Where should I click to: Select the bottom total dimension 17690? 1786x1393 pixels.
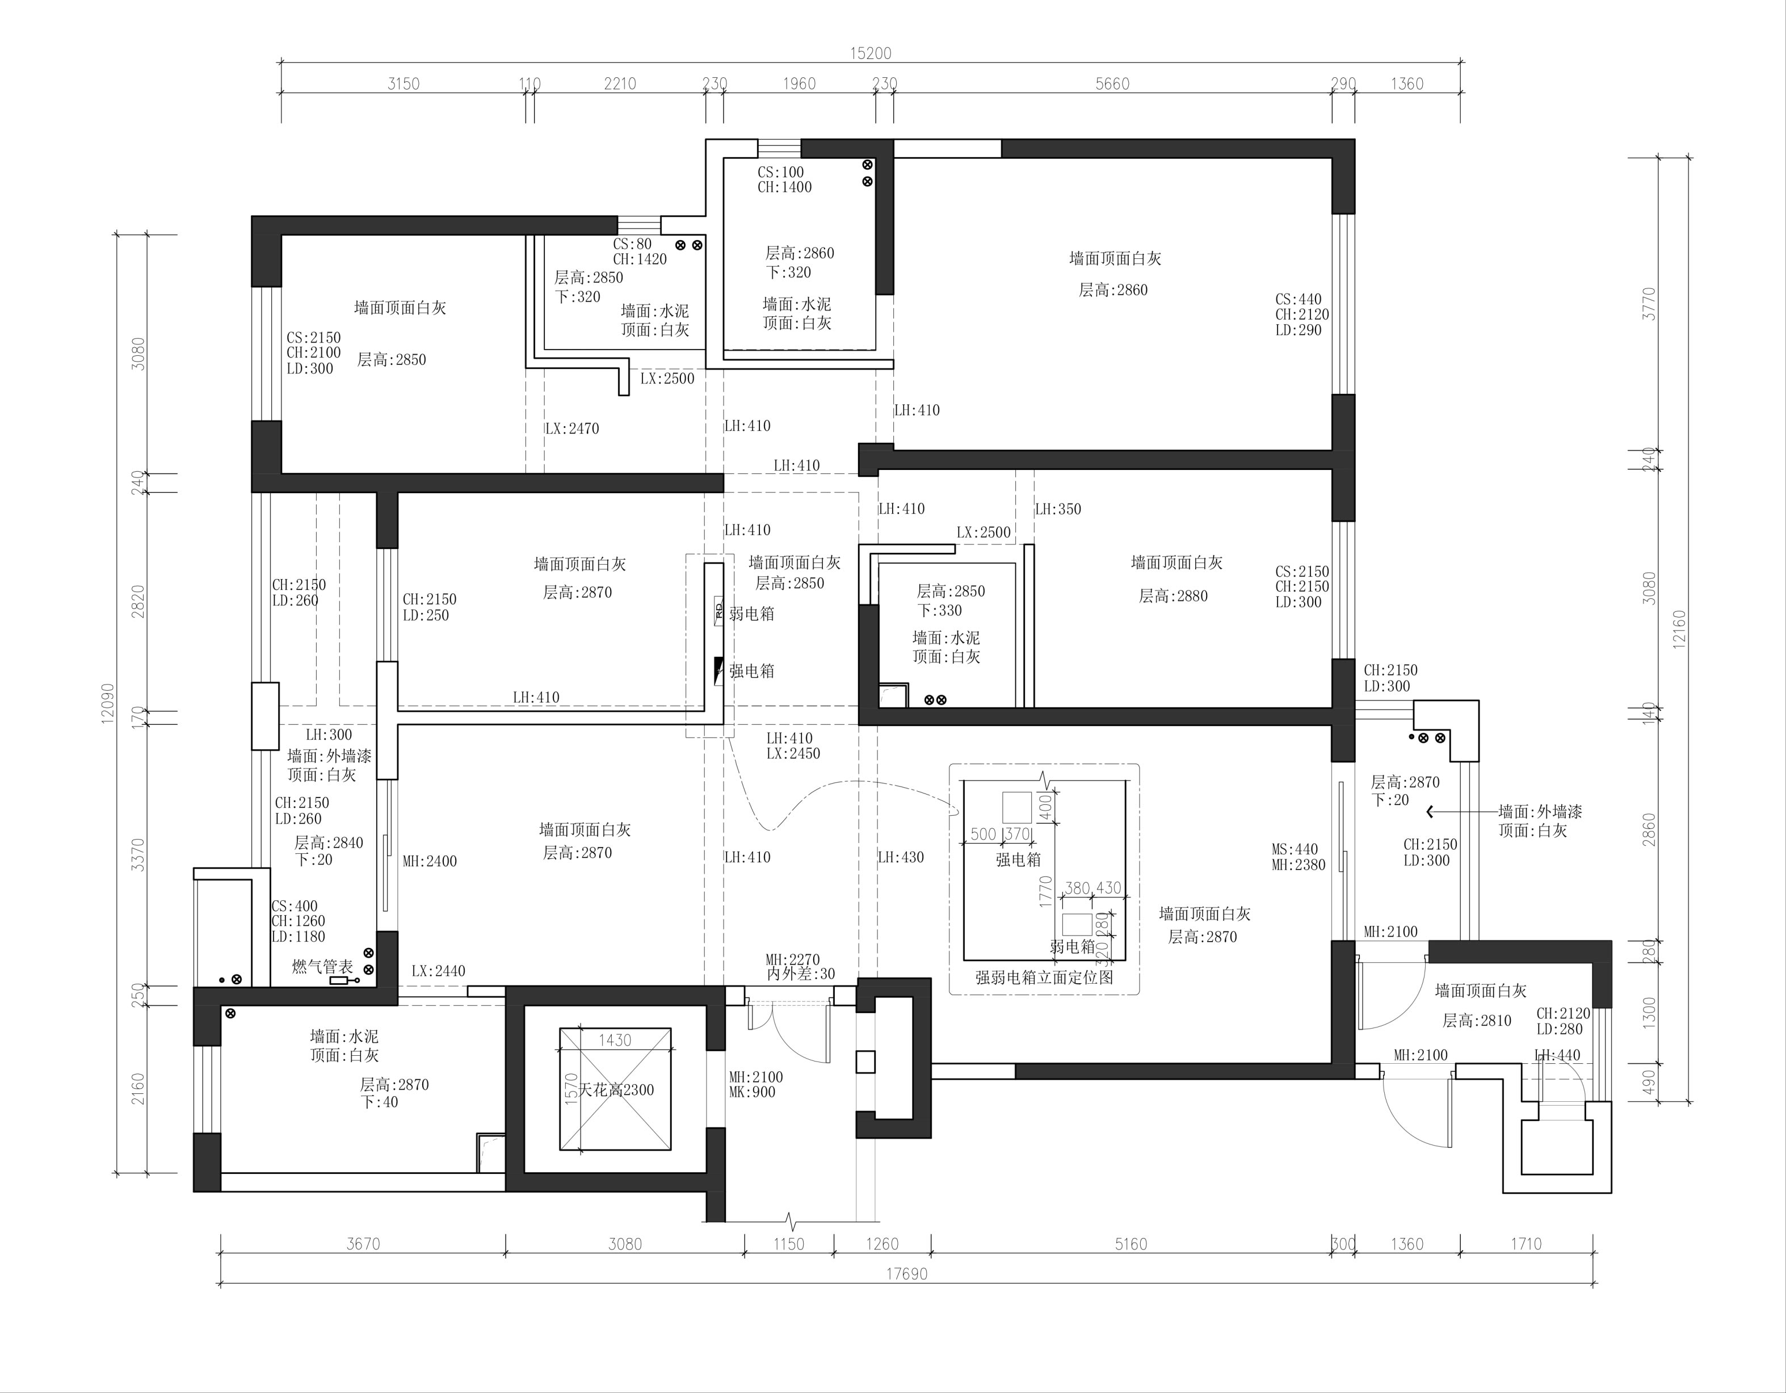pyautogui.click(x=907, y=1274)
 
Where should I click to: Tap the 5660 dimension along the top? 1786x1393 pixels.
pyautogui.click(x=1112, y=83)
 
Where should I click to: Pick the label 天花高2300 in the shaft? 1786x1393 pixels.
pyautogui.click(x=616, y=1089)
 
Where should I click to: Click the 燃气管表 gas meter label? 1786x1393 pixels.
pyautogui.click(x=323, y=967)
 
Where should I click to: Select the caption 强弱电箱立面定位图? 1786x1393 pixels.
pyautogui.click(x=1044, y=977)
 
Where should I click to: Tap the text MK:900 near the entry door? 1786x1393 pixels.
pyautogui.click(x=753, y=1092)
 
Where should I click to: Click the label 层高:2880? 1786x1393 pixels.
pyautogui.click(x=1174, y=596)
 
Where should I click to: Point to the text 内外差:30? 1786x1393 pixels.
pyautogui.click(x=801, y=974)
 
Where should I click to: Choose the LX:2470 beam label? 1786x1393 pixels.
pyautogui.click(x=573, y=429)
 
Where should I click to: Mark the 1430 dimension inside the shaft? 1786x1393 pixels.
pyautogui.click(x=615, y=1040)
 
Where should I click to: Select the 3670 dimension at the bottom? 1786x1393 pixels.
pyautogui.click(x=363, y=1244)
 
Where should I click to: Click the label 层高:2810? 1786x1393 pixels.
pyautogui.click(x=1477, y=1021)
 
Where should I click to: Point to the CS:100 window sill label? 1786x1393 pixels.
pyautogui.click(x=781, y=173)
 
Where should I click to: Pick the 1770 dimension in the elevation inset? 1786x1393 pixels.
pyautogui.click(x=1044, y=892)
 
